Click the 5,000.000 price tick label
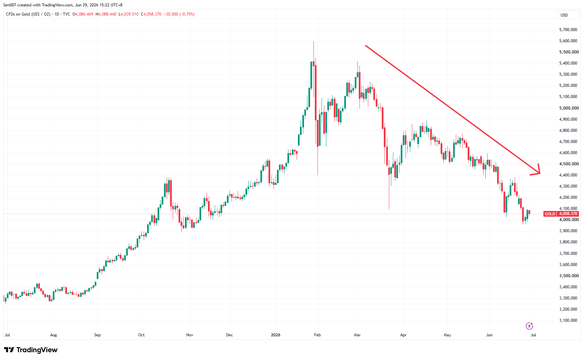[569, 108]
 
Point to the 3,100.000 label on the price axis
[568, 320]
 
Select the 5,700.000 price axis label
[568, 30]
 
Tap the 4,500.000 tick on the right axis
[569, 164]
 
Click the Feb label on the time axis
[317, 335]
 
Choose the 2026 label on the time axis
[276, 335]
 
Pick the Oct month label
[141, 335]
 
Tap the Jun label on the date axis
[489, 335]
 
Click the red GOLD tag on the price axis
[550, 214]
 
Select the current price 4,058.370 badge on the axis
[568, 214]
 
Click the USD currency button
[564, 15]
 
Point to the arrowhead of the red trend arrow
[540, 173]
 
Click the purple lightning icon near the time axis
[529, 326]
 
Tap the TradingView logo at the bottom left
[31, 350]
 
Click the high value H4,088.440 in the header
[106, 14]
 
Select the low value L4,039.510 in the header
[129, 14]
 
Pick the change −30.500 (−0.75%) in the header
[179, 14]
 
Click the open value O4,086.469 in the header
[83, 14]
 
